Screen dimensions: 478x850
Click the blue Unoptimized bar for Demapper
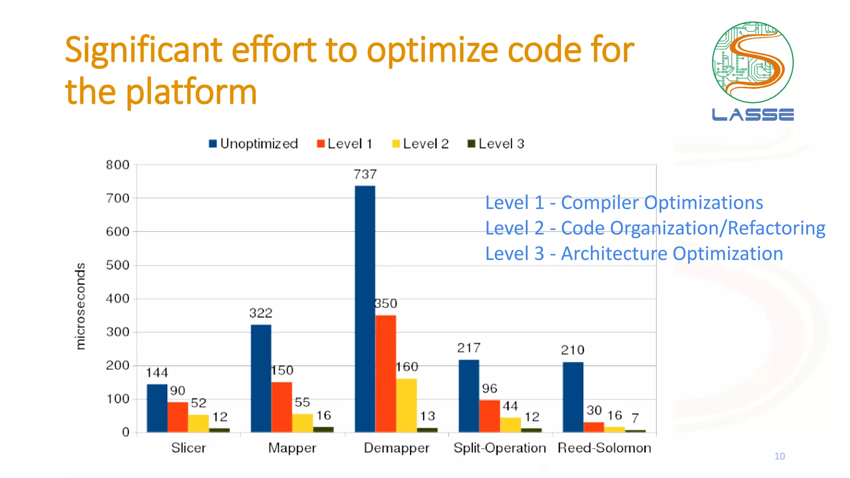click(365, 309)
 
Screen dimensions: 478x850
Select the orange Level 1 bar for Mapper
click(282, 407)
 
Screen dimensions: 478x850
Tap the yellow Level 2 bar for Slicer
click(199, 423)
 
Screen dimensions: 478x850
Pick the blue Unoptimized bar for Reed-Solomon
click(573, 397)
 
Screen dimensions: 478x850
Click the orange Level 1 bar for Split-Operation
click(490, 416)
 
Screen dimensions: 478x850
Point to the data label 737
click(365, 174)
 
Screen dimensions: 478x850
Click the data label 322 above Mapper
click(261, 313)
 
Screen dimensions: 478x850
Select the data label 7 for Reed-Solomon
click(635, 418)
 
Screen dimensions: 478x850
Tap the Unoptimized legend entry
click(254, 144)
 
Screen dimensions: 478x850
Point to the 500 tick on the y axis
click(117, 265)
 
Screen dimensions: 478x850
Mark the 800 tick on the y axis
click(117, 165)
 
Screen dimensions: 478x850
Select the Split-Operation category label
click(500, 448)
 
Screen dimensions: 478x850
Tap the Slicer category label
click(188, 448)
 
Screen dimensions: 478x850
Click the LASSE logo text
click(752, 115)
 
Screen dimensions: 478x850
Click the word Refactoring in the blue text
click(777, 228)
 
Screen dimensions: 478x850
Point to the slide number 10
click(779, 456)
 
